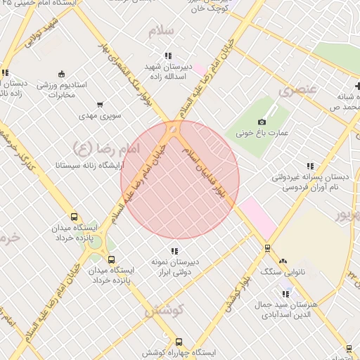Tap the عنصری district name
(x=298, y=89)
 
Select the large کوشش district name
(x=164, y=309)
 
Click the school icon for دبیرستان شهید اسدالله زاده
(x=167, y=56)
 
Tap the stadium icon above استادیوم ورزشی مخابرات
(x=61, y=75)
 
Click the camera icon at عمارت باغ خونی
(x=262, y=122)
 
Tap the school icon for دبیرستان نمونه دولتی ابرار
(x=174, y=251)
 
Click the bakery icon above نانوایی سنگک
(x=283, y=261)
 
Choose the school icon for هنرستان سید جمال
(x=285, y=294)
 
